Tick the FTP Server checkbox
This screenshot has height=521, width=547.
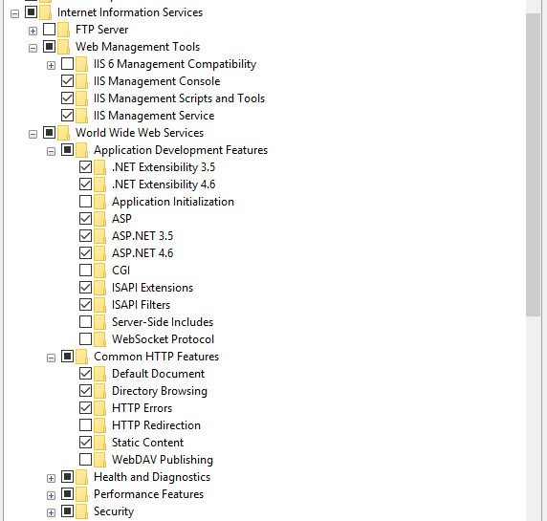click(x=49, y=30)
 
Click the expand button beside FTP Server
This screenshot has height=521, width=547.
click(x=33, y=31)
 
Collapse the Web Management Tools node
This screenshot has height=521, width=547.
click(x=33, y=48)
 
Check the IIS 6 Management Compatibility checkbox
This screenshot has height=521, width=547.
click(x=67, y=64)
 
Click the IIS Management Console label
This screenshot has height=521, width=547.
click(x=157, y=81)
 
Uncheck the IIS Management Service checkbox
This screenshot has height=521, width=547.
click(x=67, y=116)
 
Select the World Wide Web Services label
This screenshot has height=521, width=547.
click(x=140, y=133)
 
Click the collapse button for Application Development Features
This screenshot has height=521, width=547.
click(x=51, y=151)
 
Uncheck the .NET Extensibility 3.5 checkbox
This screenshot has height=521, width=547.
click(x=85, y=167)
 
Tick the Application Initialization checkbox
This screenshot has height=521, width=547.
click(x=85, y=202)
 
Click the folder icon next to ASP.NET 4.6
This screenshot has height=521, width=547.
click(x=99, y=253)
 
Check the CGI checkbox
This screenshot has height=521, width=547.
click(x=85, y=271)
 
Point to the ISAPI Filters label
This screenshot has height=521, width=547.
click(x=141, y=305)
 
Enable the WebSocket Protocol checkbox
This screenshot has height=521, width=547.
click(x=85, y=339)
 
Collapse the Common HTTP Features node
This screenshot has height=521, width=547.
click(x=51, y=358)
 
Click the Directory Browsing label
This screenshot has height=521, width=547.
click(x=160, y=391)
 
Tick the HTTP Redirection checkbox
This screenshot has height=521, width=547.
click(x=85, y=425)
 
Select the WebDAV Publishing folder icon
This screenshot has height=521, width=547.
click(x=99, y=460)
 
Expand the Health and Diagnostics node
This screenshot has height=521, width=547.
click(x=51, y=478)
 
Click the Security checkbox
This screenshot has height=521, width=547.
click(x=67, y=511)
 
